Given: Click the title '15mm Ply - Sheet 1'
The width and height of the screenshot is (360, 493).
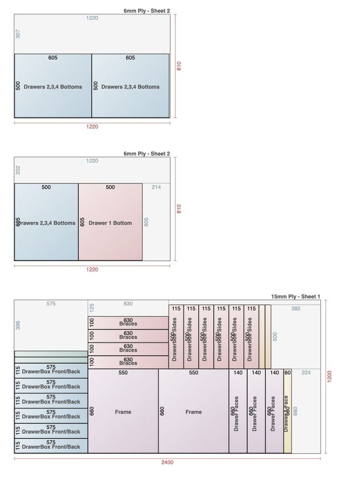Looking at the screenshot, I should (x=295, y=297).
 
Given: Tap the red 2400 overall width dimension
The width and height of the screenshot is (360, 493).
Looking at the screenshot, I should (x=167, y=462).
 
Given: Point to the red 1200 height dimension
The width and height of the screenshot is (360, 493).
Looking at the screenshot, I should (x=329, y=377).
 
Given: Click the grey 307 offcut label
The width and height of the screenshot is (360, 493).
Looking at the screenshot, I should (x=18, y=34).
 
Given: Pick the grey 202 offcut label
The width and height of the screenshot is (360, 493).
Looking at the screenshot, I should (x=18, y=170).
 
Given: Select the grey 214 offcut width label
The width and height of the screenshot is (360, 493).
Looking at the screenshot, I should (x=156, y=187).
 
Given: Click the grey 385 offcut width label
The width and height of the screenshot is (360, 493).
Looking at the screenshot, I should (x=295, y=308).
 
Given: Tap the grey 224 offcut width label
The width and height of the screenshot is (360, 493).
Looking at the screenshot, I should (x=306, y=373).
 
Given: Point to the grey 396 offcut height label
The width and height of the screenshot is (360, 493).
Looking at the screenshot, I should (x=18, y=325).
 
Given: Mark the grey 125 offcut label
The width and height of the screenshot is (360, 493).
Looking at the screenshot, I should (x=92, y=307).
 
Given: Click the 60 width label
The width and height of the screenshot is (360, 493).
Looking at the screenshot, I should (x=288, y=373).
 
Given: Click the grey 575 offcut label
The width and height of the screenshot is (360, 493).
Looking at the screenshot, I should (x=51, y=304).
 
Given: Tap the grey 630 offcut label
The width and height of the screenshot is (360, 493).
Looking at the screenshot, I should (x=128, y=304).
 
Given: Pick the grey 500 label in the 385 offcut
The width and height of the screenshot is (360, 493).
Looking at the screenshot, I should (x=275, y=336).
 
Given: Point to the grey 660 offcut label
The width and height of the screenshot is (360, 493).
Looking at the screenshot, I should (x=295, y=411).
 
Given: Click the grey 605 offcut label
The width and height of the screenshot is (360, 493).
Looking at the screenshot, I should (x=146, y=222).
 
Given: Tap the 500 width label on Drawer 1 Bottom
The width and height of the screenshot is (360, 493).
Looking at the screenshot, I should (x=110, y=187).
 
